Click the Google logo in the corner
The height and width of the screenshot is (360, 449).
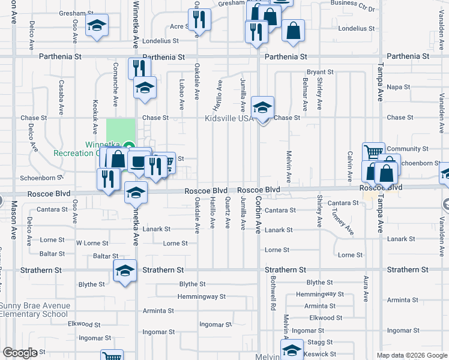(x=20, y=353)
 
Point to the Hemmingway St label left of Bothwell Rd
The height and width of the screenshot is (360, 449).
(x=202, y=296)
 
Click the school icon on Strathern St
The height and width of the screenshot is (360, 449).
(x=125, y=271)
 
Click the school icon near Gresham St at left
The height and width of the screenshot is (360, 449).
(x=96, y=26)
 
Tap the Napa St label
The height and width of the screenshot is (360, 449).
(x=399, y=87)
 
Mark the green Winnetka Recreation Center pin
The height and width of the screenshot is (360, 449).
(x=128, y=146)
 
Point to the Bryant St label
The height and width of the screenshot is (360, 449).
(x=319, y=72)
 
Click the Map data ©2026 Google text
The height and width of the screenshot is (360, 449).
(x=412, y=355)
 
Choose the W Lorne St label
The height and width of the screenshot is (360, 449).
(x=92, y=244)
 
